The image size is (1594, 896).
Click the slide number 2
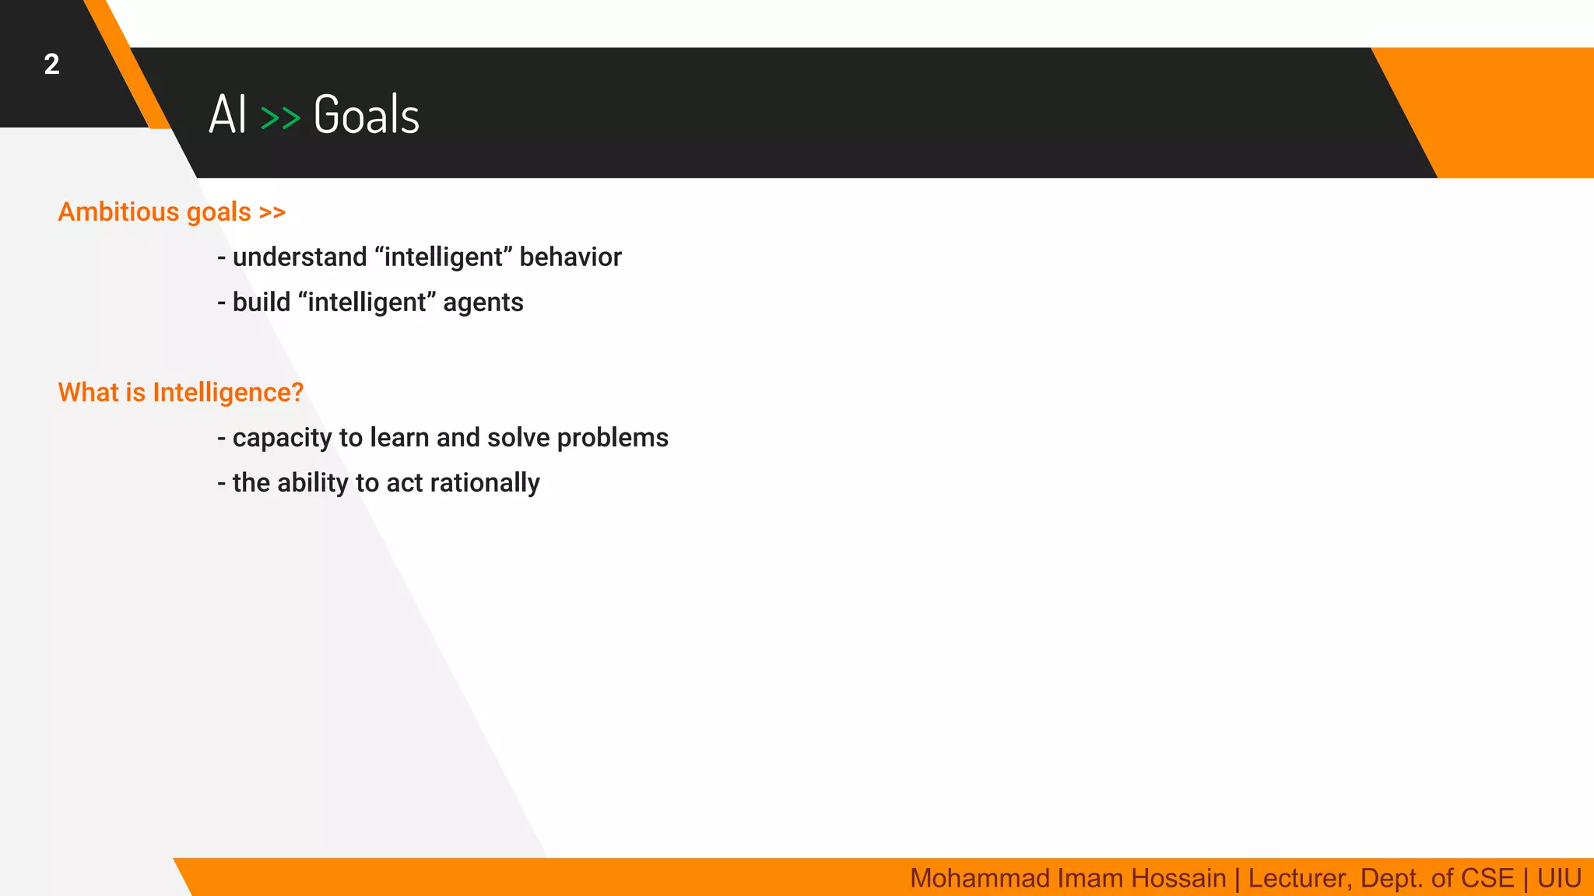pos(51,65)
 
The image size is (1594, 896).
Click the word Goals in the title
pos(366,115)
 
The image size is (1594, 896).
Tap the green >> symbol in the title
pos(280,118)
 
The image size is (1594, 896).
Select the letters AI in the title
pos(227,115)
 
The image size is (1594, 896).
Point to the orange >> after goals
pos(272,212)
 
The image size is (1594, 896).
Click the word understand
pos(300,257)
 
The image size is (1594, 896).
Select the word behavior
pos(571,257)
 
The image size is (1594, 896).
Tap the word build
pos(262,302)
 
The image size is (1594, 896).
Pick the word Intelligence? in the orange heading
pos(228,393)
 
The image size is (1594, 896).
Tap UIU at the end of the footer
pos(1559,878)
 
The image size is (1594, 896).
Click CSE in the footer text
pos(1488,878)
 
